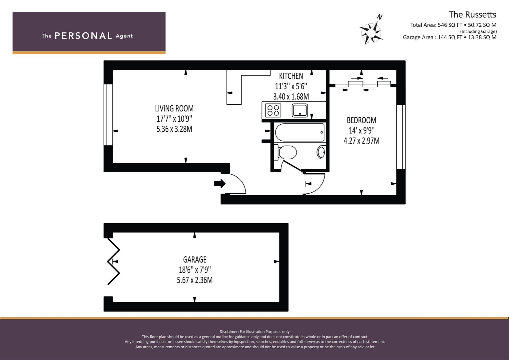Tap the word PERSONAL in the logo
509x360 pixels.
tap(83, 36)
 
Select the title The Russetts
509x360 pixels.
tap(472, 15)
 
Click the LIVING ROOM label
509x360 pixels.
tap(174, 108)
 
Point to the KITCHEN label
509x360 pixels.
tap(291, 76)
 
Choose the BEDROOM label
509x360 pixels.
tap(361, 120)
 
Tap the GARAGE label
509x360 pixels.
tap(195, 259)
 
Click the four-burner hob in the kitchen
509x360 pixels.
tap(273, 111)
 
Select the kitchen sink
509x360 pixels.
tap(300, 110)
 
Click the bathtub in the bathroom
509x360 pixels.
tap(300, 132)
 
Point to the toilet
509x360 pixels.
tap(285, 152)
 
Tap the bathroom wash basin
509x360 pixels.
tap(321, 152)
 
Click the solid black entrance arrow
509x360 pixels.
tap(220, 184)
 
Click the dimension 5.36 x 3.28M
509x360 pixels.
tap(174, 129)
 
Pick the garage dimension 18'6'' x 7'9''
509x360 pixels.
tap(195, 270)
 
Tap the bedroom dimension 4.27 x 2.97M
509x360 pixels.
tap(361, 141)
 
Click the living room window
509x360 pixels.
tap(108, 115)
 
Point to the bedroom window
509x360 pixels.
tap(401, 137)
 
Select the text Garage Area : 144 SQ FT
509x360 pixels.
tap(432, 37)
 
